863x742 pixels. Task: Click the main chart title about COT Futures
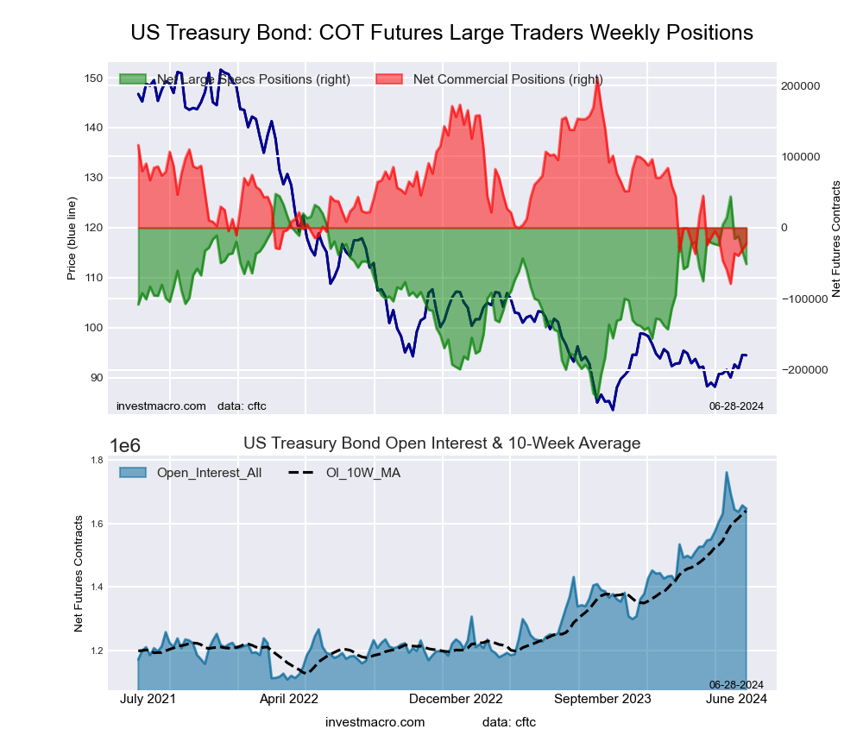tap(442, 33)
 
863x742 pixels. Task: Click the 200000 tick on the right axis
tap(800, 86)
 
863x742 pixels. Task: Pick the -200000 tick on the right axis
tap(802, 369)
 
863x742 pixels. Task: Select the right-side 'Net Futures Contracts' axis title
tap(835, 240)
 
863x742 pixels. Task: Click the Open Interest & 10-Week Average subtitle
tap(442, 443)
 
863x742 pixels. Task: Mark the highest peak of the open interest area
tap(727, 472)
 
